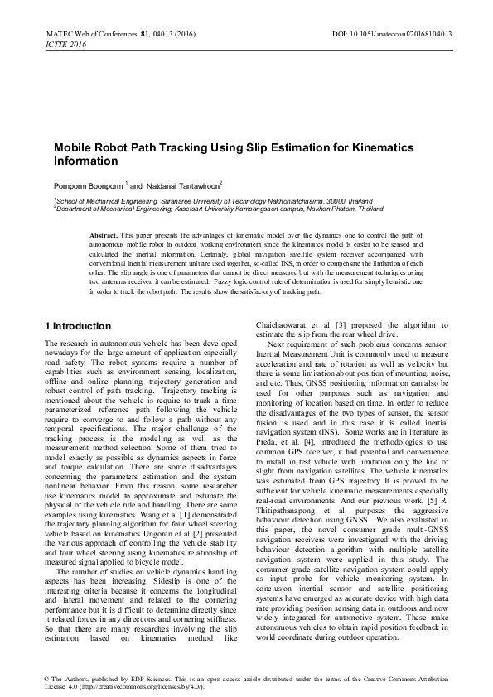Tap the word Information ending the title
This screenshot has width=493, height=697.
[86, 160]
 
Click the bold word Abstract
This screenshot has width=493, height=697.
[104, 236]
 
